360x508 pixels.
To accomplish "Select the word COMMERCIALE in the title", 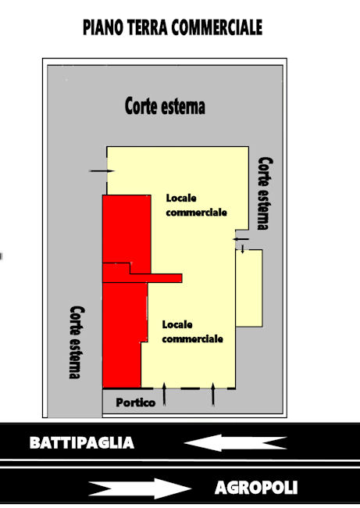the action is coord(216,27).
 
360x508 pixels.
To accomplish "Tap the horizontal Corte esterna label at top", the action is coord(165,106).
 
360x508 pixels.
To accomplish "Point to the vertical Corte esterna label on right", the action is coord(266,193).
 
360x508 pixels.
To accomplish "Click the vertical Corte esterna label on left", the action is coord(77,342).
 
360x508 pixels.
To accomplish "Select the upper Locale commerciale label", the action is coord(196,205).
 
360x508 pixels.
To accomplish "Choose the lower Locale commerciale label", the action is coord(192,331).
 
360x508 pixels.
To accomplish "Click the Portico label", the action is coord(136,402).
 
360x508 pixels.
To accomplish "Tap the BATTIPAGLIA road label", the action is coord(82,442).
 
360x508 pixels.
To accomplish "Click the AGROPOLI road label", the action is coord(256,487).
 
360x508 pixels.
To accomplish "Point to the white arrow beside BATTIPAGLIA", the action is coord(235,442).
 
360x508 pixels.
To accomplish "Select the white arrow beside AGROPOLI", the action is coord(140,488).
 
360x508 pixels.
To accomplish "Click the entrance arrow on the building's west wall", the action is coord(102,170).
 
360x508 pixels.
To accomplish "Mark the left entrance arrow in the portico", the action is coord(164,394).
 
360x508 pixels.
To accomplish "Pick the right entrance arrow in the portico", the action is coord(213,394).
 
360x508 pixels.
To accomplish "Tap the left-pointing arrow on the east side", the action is coord(241,239).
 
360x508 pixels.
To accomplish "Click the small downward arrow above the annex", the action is coord(243,249).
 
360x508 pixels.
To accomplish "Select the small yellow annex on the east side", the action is coord(248,288).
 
